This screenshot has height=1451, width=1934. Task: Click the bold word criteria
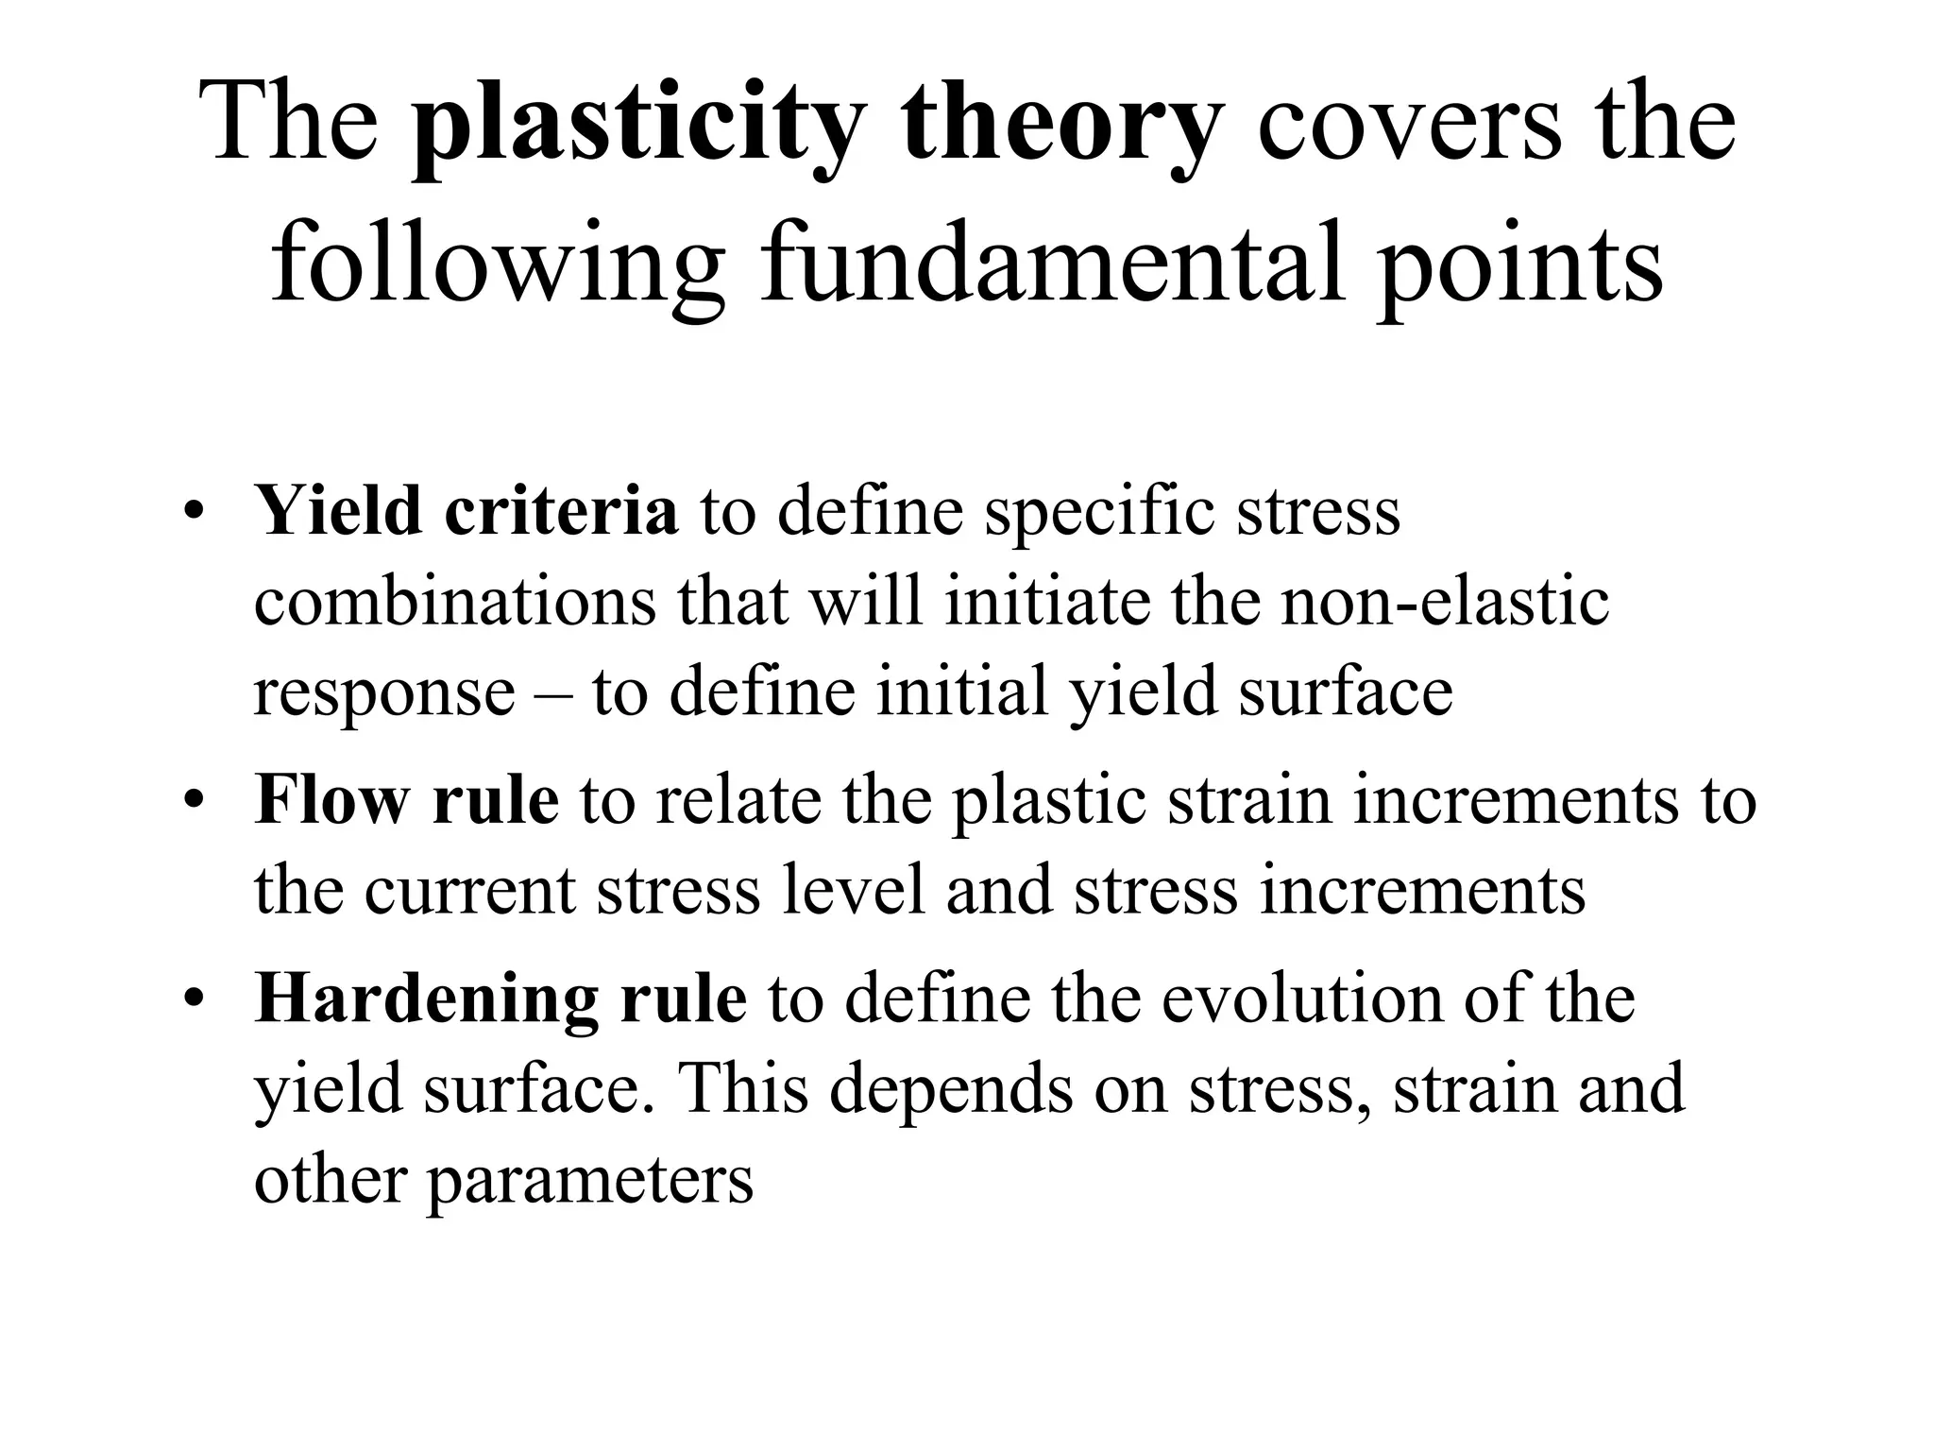561,510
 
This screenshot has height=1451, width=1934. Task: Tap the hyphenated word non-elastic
1445,601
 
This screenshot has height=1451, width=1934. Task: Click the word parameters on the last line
589,1181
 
